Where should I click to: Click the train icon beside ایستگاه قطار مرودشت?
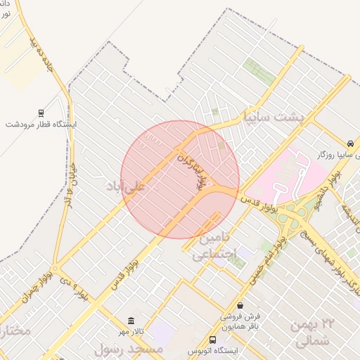[41, 112]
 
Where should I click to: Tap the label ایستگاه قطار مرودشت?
[41, 124]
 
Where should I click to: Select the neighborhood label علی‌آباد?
[124, 186]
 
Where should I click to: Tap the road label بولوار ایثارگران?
[194, 169]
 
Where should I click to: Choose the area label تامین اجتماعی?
[211, 247]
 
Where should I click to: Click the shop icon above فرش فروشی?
[241, 305]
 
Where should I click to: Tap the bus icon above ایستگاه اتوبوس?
[213, 339]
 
